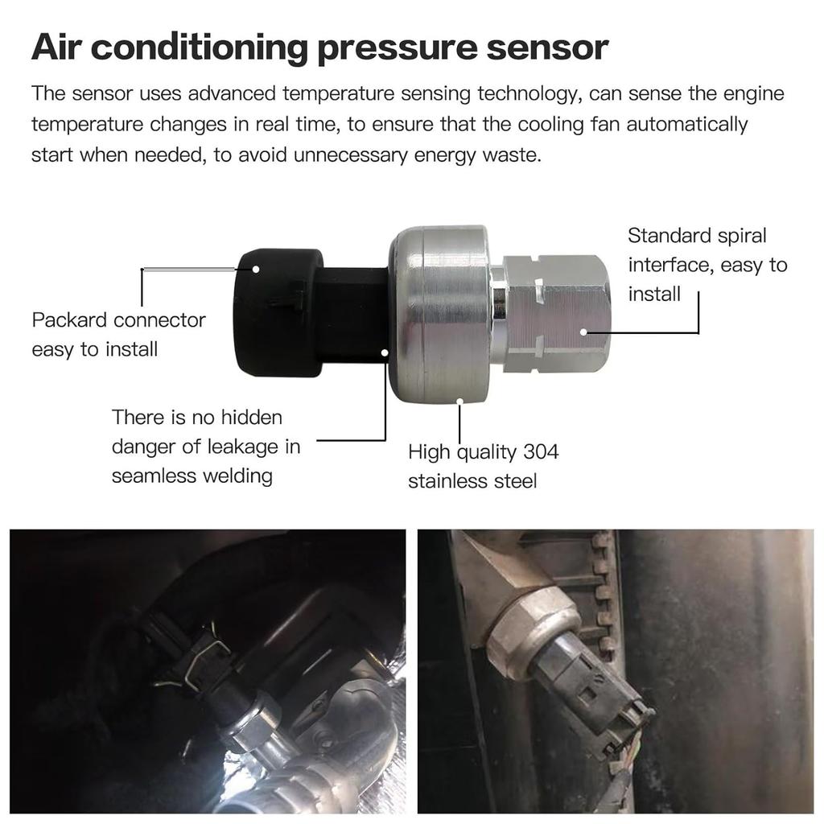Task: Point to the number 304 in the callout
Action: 541,451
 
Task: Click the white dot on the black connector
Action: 256,267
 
